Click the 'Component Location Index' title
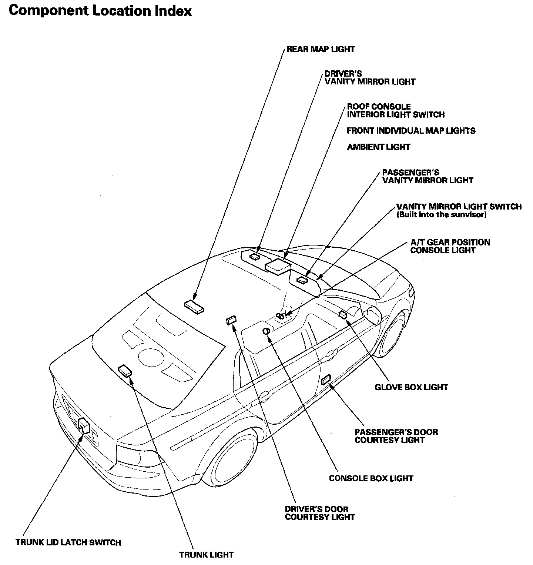click(x=100, y=11)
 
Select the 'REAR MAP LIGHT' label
click(x=321, y=49)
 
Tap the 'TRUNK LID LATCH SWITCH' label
click(x=68, y=542)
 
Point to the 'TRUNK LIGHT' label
click(x=206, y=555)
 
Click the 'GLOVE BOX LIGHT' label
click(x=411, y=387)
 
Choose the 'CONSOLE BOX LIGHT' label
click(x=371, y=478)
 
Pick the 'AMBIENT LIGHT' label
click(x=378, y=147)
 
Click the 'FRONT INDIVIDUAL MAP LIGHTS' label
click(x=411, y=131)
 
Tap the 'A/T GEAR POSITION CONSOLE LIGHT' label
click(x=450, y=246)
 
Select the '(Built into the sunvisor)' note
click(x=441, y=215)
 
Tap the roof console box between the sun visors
click(x=278, y=265)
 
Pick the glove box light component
click(x=343, y=314)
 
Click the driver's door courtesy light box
click(x=231, y=320)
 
